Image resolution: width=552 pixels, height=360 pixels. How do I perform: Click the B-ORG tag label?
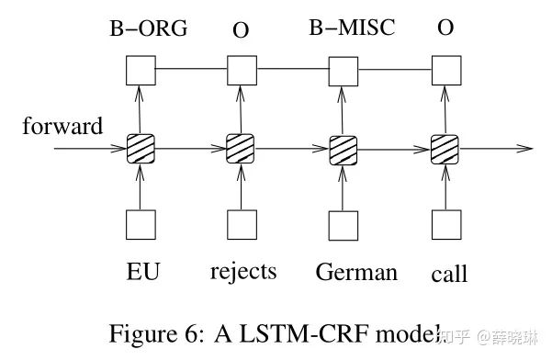pos(149,28)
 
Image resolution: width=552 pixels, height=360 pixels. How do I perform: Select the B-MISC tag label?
pos(351,28)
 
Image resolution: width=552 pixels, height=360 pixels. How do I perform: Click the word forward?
pos(62,127)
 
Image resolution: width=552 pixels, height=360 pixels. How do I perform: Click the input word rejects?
pos(243,273)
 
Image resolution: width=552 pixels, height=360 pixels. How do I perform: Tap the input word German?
pos(356,273)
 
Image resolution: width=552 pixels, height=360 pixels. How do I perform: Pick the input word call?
pos(449,274)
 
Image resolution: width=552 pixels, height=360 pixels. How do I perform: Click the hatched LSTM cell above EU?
pos(140,148)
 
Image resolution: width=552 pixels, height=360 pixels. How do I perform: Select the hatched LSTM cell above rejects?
pos(241,148)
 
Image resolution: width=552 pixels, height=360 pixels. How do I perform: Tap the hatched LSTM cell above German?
pos(343,148)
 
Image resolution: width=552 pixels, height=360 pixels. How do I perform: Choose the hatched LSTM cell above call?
pos(445,148)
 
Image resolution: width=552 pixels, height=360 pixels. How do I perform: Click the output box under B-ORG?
pos(140,69)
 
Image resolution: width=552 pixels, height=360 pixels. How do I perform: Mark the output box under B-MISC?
pos(343,69)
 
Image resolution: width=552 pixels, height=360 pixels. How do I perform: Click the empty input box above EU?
pos(140,224)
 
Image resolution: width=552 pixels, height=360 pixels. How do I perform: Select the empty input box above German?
pos(343,224)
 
